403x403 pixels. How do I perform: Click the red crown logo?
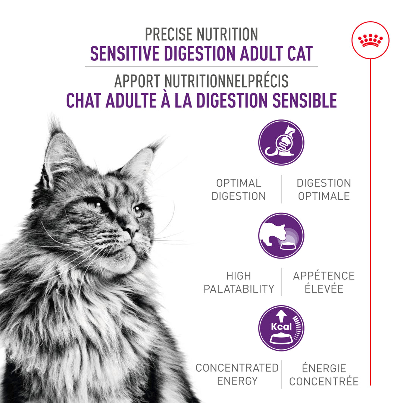[x=370, y=40]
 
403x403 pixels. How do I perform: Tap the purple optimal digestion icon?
[x=281, y=143]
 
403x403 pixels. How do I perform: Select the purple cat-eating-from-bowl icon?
[x=281, y=235]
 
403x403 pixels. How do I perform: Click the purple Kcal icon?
[x=281, y=328]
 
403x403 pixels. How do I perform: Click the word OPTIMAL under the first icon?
[x=238, y=183]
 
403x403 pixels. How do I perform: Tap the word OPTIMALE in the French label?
[x=324, y=196]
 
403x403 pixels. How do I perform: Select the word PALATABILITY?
[x=238, y=289]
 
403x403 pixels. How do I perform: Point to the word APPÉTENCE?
[x=324, y=276]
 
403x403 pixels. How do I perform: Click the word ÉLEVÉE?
[x=324, y=289]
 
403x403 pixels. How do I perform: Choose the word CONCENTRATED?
[x=237, y=368]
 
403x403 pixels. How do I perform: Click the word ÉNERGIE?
[x=324, y=368]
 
